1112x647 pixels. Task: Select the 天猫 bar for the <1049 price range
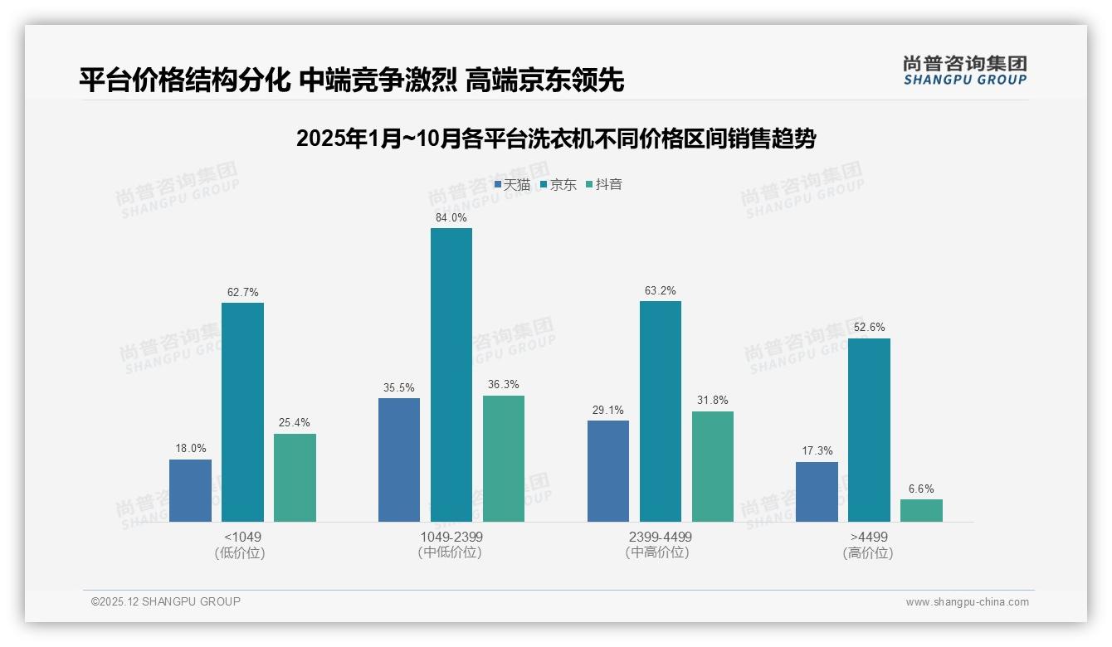[x=190, y=490]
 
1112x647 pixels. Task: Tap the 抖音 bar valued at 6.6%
[x=921, y=510]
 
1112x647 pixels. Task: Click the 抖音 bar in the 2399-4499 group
[x=713, y=466]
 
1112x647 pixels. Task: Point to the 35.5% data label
[x=398, y=387]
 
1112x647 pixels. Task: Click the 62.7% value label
[x=242, y=292]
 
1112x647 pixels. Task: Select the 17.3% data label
[x=817, y=451]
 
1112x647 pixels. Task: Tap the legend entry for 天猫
[x=512, y=184]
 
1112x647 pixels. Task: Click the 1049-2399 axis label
[x=451, y=537]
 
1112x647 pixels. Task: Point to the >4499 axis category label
[x=869, y=537]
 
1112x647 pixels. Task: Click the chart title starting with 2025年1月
[x=556, y=139]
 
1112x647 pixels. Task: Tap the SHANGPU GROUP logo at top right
[x=964, y=71]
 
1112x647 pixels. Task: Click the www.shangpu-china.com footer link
[x=967, y=602]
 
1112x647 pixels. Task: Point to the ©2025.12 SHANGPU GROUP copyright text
[x=166, y=601]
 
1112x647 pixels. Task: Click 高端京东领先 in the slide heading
[x=544, y=80]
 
